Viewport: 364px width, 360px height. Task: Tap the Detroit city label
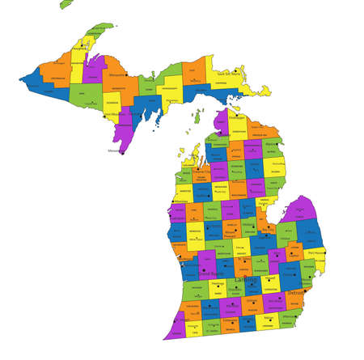click(296, 292)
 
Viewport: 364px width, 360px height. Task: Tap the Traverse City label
click(202, 172)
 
